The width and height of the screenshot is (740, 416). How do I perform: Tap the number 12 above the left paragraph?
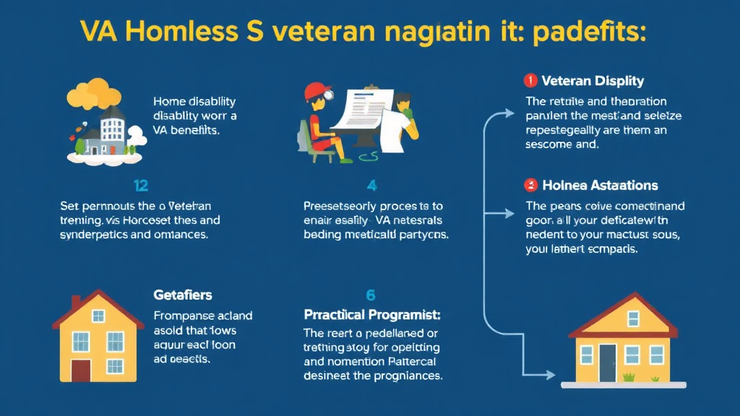tap(142, 186)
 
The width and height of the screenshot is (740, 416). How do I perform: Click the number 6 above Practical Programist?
tap(371, 295)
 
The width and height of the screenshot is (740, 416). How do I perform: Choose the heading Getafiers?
tap(183, 295)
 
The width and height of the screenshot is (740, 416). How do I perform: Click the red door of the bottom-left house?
tap(81, 370)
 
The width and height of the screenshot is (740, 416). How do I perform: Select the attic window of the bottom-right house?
tap(633, 318)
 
